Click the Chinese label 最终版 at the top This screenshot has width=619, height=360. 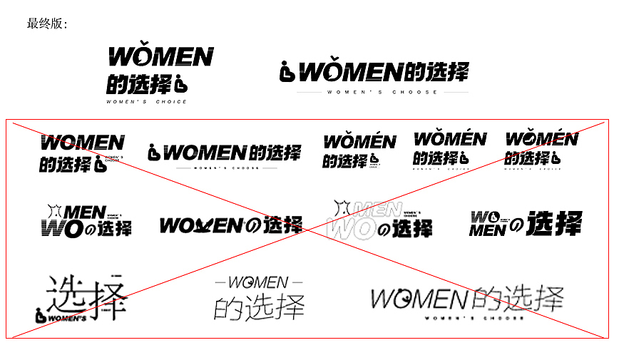coord(46,24)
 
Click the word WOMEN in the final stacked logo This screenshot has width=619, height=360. coord(161,57)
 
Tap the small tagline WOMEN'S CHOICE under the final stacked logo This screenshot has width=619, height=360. coord(146,102)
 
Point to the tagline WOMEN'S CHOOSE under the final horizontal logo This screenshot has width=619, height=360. coord(383,92)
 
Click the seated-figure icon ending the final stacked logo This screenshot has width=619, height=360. coord(180,84)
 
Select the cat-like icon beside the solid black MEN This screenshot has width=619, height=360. coord(54,212)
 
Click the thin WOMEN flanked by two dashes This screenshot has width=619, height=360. coord(257,283)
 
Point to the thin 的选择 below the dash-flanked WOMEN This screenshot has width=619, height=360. coord(259,307)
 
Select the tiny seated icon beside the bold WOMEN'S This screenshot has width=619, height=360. coord(41,315)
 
